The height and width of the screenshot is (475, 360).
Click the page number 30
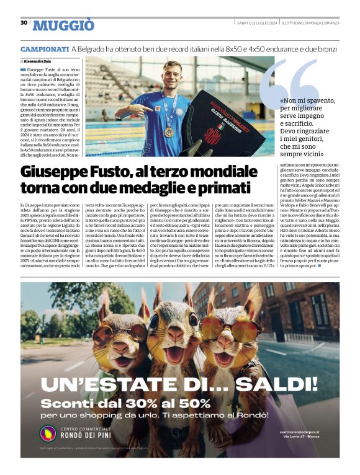(x=24, y=22)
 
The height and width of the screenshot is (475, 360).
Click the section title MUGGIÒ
(x=63, y=25)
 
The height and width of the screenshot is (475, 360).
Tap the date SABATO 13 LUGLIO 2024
(x=256, y=23)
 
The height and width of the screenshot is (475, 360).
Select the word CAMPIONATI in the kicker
(x=44, y=48)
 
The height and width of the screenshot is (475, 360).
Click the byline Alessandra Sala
(x=38, y=62)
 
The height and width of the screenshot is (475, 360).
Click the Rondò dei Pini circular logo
(x=48, y=432)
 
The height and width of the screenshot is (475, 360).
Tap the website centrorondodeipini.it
(x=300, y=432)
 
